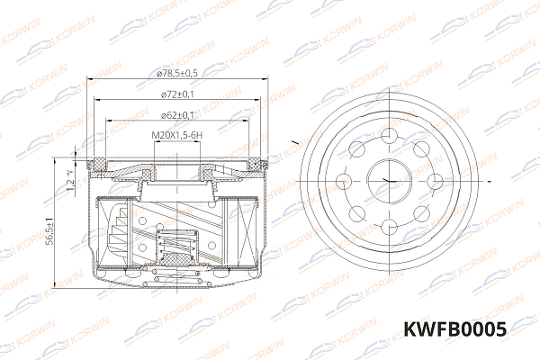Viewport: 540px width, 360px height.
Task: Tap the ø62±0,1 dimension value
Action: click(176, 115)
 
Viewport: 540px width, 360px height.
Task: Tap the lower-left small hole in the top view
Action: click(356, 213)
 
